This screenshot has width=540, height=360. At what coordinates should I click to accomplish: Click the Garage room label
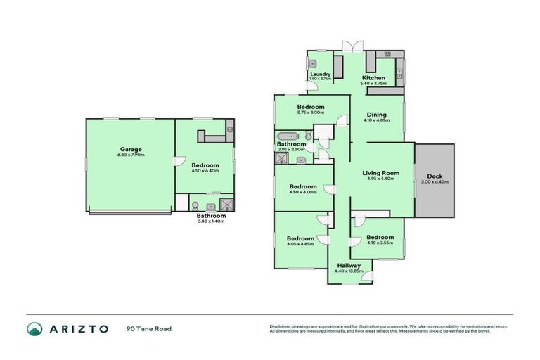[131, 149]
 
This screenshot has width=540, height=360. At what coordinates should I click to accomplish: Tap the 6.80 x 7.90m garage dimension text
[131, 155]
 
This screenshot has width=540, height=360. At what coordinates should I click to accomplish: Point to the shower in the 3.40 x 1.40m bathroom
[227, 205]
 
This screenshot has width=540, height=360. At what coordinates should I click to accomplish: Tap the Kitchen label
[373, 77]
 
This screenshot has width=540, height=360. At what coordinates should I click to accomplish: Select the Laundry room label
[320, 73]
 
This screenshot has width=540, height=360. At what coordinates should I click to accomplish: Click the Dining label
[378, 115]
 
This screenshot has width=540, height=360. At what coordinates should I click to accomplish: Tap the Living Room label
[380, 172]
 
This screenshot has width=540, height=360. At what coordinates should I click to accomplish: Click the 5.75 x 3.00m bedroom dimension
[311, 112]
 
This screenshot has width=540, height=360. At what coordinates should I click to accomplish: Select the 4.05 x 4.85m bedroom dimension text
[300, 245]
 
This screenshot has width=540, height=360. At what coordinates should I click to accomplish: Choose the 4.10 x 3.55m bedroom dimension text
[380, 243]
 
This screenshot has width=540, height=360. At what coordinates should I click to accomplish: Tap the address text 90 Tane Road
[149, 329]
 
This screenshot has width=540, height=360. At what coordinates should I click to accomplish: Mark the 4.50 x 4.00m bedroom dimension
[302, 192]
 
